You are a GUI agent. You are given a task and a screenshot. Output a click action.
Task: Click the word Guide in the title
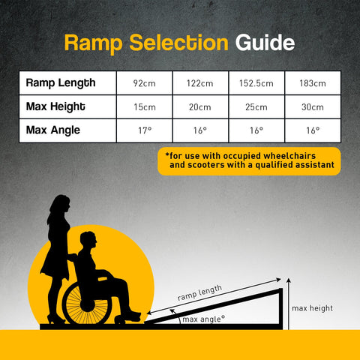pos(265,43)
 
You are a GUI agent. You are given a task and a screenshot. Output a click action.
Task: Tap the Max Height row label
pos(55,106)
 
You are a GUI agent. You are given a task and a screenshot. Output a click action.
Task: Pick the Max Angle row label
pos(52,130)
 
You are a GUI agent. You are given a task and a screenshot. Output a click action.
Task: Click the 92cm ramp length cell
pos(145,82)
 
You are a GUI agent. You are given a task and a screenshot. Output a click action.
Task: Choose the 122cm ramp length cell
pos(200,82)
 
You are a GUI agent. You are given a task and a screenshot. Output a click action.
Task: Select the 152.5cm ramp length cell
pos(257,82)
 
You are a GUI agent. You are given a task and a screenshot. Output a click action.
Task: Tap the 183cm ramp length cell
pos(313,82)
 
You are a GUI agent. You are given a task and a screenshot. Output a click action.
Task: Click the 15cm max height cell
pos(145,106)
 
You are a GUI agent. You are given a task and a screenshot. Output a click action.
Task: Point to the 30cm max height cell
pos(313,106)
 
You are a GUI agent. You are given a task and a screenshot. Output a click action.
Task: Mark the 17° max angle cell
pos(145,130)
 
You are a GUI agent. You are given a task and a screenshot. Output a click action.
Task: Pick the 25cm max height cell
pos(257,106)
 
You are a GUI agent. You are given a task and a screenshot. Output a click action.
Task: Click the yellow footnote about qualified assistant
pos(249,160)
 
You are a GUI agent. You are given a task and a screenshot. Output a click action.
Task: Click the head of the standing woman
pos(59,204)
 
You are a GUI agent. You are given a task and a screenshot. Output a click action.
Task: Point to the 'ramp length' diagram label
pos(199,292)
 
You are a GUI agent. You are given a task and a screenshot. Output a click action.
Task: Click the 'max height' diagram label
pos(312,308)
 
